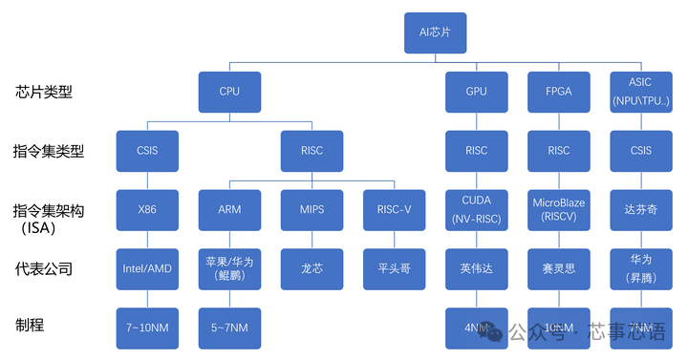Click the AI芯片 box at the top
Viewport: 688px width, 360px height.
435,32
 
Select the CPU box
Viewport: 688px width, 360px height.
229,92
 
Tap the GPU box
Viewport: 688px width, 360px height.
476,92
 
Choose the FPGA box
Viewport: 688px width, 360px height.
559,92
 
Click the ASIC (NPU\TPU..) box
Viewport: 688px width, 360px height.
641,92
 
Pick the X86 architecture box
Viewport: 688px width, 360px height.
147,210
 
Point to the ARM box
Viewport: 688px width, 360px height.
229,210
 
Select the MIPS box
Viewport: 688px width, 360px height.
312,210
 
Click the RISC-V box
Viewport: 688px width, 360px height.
394,210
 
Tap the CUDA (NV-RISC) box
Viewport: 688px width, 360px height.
476,210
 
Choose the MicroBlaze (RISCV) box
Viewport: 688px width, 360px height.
559,210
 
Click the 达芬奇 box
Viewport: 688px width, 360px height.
641,210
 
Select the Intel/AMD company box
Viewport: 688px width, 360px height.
147,268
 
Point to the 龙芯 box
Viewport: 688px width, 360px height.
312,268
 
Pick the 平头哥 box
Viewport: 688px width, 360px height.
394,268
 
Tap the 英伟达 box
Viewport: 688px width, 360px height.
476,268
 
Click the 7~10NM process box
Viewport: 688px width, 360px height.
147,328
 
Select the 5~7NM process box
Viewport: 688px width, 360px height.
229,328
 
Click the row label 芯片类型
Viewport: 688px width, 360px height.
44,93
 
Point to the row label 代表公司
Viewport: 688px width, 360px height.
44,269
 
